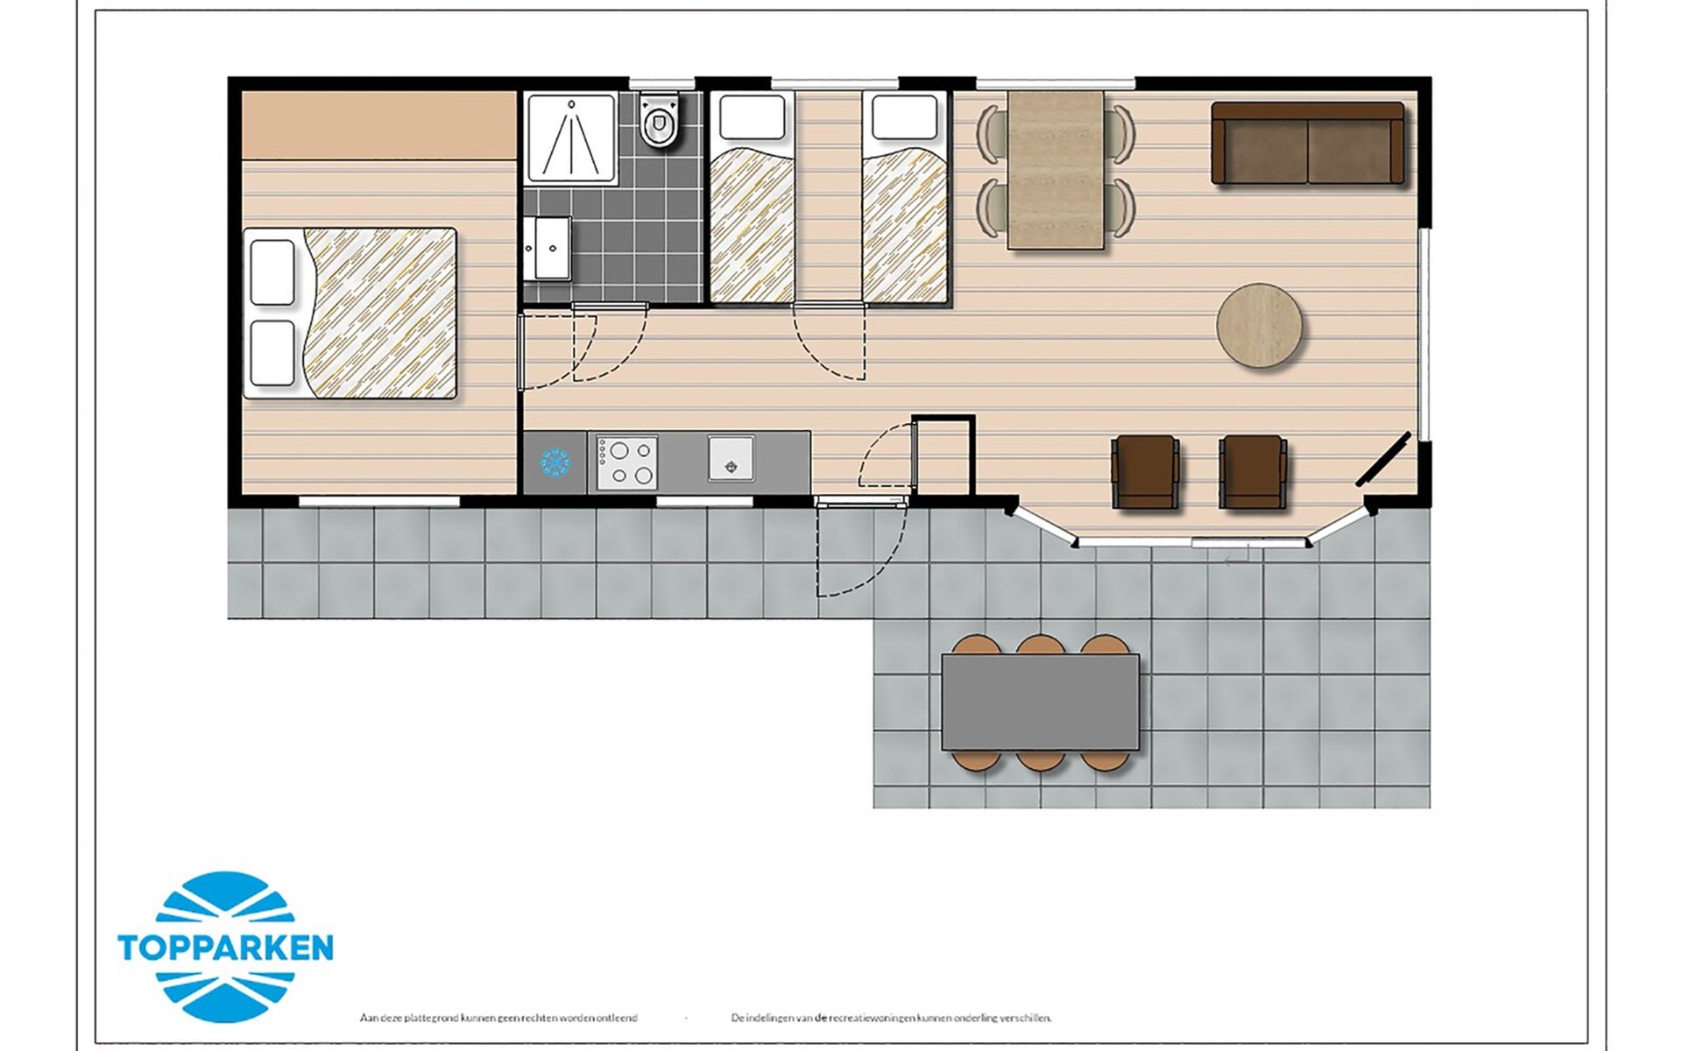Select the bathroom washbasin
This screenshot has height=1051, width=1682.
click(x=548, y=248)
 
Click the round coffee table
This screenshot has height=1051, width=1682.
click(x=1259, y=324)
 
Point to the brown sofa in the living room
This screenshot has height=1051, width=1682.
click(x=1308, y=143)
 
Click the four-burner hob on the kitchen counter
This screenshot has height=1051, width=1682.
click(x=626, y=462)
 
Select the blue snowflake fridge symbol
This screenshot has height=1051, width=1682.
click(x=555, y=462)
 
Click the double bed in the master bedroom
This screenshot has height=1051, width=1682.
click(x=350, y=314)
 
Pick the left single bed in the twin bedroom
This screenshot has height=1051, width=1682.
click(x=752, y=198)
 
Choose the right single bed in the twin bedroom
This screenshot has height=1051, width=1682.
click(x=906, y=198)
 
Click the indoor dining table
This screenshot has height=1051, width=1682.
click(x=1056, y=170)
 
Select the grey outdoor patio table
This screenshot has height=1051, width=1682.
click(x=1041, y=702)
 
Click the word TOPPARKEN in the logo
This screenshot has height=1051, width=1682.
click(x=225, y=948)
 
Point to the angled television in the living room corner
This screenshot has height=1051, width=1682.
click(x=1383, y=459)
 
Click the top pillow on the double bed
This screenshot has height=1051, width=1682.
click(x=272, y=272)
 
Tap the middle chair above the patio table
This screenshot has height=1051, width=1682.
click(x=1041, y=645)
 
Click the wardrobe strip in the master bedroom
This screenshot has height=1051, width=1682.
click(x=378, y=124)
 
